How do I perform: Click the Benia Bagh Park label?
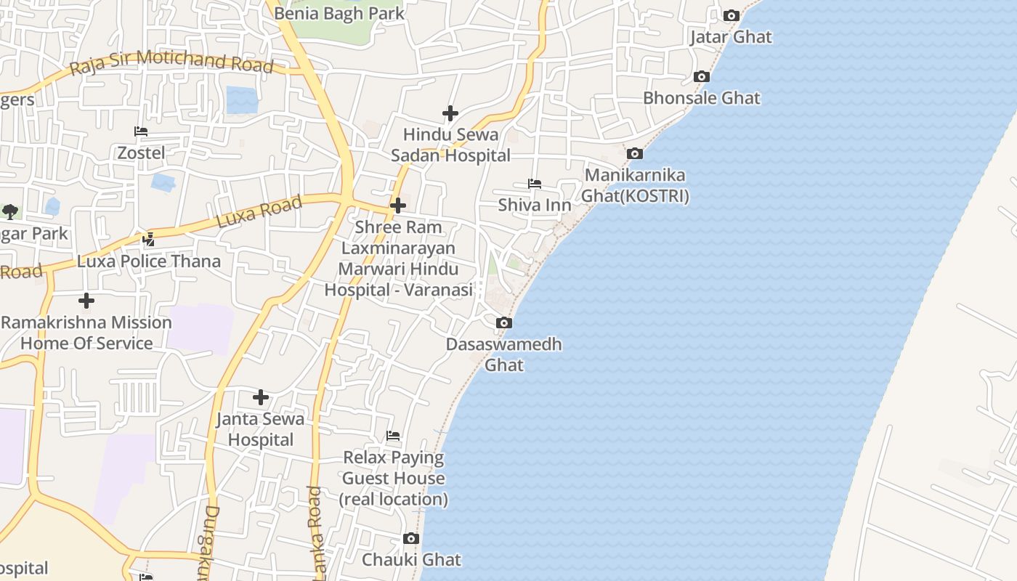point(339,13)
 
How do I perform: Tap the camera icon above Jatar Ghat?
point(732,15)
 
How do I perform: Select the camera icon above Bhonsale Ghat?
point(701,76)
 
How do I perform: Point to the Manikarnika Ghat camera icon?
point(635,153)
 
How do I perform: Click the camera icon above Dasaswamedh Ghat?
point(504,322)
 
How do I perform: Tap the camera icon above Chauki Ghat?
point(411,538)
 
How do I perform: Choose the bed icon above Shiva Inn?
point(535,184)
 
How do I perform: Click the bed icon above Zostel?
point(141,131)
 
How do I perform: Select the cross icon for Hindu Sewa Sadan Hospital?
point(450,113)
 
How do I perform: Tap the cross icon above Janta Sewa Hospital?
point(261,397)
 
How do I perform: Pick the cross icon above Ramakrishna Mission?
point(86,301)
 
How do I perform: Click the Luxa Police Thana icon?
point(149,239)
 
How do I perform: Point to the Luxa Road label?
point(259,212)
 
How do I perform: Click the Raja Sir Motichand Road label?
point(172,62)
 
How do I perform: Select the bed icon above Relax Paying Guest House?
point(393,436)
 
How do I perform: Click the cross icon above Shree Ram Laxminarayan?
point(398,206)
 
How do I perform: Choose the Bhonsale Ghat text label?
point(702,98)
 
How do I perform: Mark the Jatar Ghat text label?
point(731,37)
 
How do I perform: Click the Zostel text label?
point(141,153)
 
